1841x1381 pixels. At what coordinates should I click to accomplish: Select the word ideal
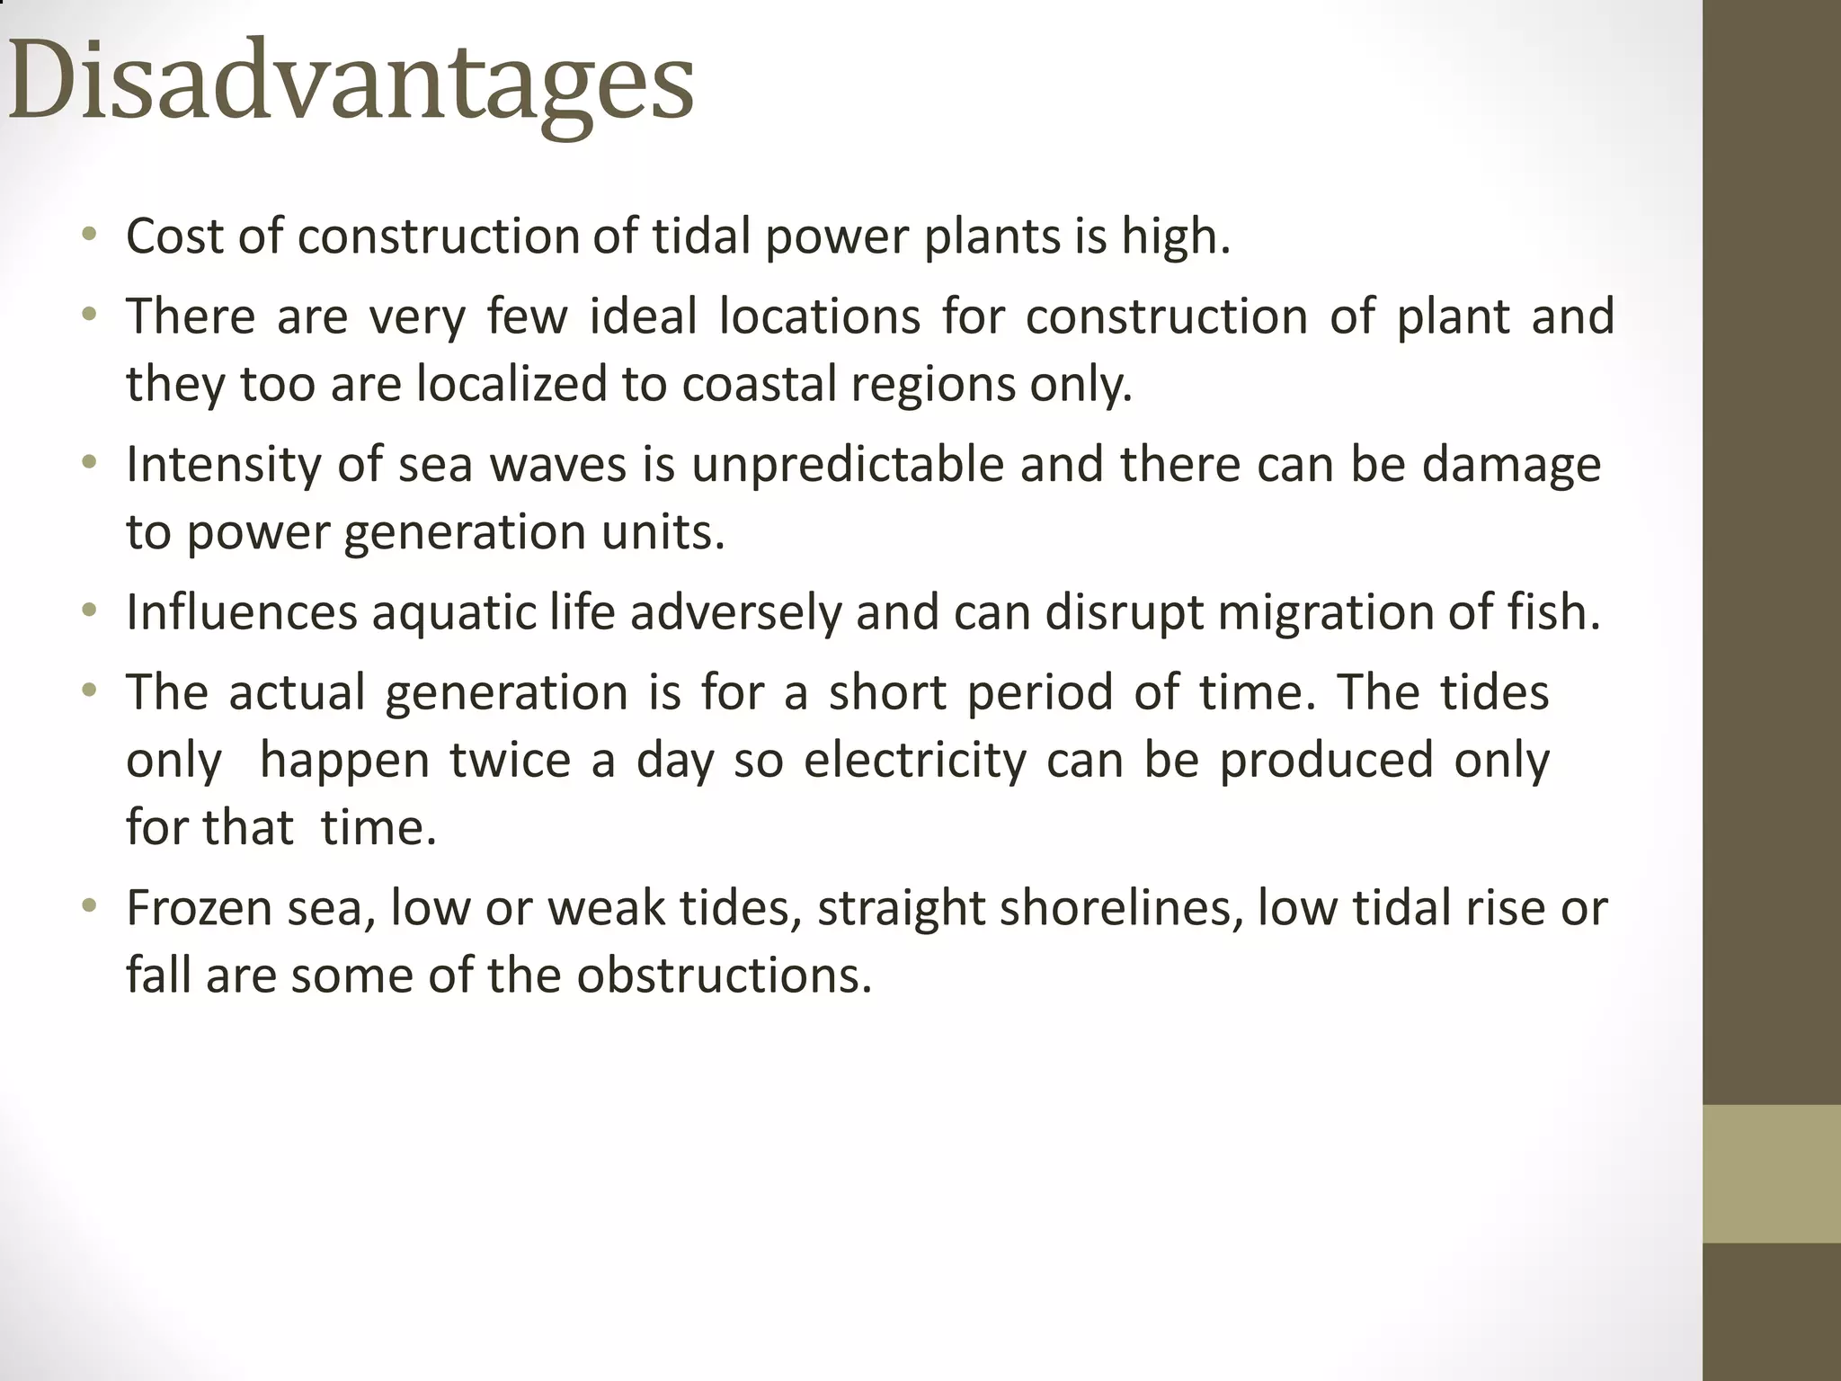[643, 316]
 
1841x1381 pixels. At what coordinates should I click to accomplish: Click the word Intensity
[223, 465]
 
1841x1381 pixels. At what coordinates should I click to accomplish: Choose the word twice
[510, 760]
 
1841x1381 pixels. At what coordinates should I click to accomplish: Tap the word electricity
[914, 760]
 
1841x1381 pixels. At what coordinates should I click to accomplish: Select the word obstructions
[724, 975]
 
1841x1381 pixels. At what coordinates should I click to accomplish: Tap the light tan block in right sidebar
[1772, 1173]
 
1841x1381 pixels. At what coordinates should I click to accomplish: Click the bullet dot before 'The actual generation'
[88, 690]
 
